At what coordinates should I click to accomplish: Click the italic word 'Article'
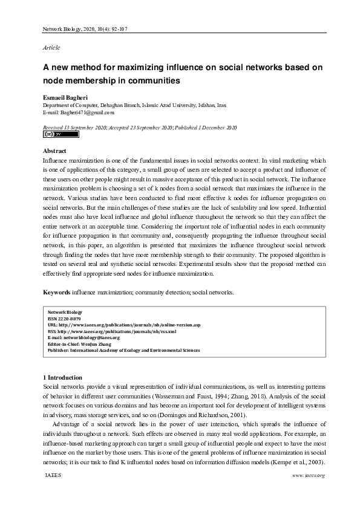coord(51,47)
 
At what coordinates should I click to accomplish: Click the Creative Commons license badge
coord(52,135)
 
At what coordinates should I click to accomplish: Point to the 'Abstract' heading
coord(54,151)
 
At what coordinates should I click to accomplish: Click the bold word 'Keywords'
coord(56,293)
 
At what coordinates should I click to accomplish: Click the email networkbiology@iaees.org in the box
coord(83,337)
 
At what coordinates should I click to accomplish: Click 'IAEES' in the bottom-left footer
coord(53,476)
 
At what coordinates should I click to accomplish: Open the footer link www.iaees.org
coord(309,476)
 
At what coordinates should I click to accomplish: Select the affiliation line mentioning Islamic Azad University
coord(134,105)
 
